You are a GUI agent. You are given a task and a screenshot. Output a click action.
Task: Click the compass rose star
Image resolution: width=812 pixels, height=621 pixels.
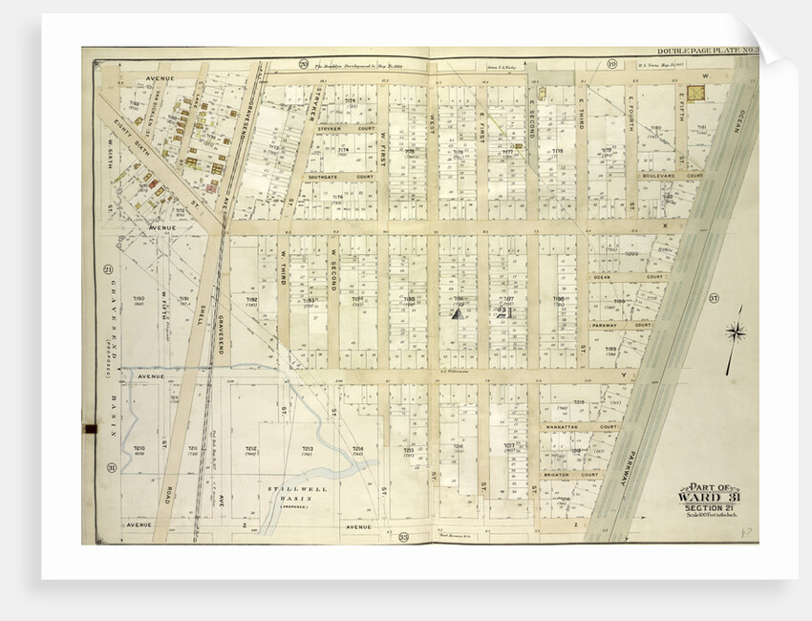736,332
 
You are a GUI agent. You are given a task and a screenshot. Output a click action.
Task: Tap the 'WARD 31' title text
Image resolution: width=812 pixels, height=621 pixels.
712,496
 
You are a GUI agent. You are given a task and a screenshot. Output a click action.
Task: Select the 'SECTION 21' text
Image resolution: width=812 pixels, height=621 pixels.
712,507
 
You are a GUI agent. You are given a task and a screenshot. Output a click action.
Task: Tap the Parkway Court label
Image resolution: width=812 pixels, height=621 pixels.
621,325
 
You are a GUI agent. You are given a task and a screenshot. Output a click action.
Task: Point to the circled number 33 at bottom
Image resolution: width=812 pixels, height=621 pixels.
404,538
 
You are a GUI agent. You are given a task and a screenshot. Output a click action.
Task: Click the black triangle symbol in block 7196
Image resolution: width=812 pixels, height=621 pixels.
457,310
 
